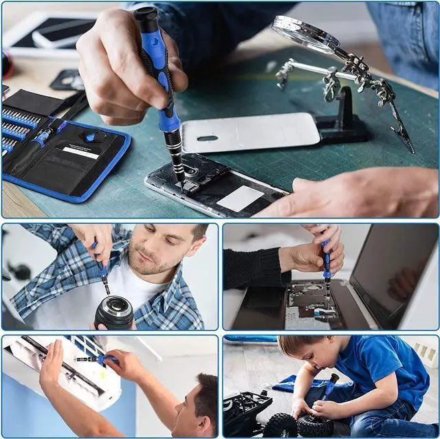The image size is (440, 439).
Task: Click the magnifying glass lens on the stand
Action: pos(302,33)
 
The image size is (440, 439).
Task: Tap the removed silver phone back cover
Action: pos(250,131)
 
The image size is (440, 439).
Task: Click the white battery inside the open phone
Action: pos(240,199)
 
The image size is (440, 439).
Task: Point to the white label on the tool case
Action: pos(81,153)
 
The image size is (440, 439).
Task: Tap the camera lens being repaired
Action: pos(114,313)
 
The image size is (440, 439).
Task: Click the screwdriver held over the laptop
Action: pos(327,264)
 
